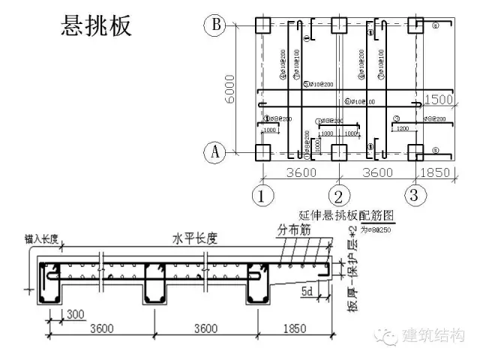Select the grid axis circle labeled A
pos(215,153)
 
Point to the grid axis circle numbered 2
pos(338,196)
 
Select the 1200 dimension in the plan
pos(400,129)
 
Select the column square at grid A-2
pos(338,153)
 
